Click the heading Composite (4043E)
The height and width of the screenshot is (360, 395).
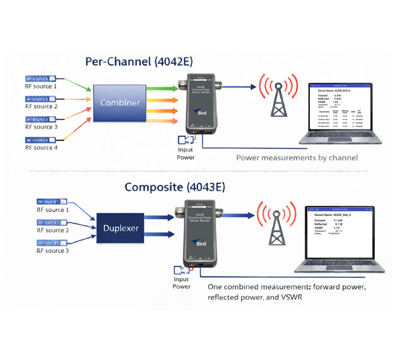click(169, 186)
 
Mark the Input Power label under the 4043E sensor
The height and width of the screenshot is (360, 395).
click(181, 282)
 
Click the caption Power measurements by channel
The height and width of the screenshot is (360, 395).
click(297, 157)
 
